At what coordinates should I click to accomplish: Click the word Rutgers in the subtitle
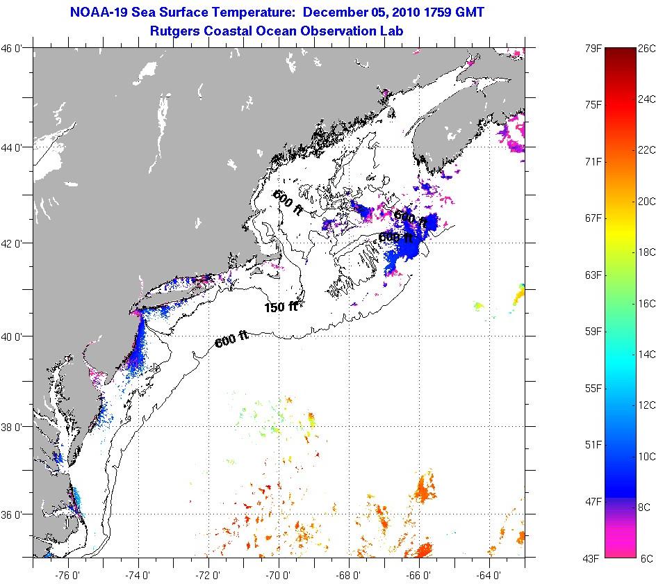coord(174,31)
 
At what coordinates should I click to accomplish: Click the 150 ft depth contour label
coord(281,307)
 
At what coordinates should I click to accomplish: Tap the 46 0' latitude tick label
coord(15,49)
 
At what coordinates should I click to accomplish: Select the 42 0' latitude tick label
coord(15,243)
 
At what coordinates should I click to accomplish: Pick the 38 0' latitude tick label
coord(15,426)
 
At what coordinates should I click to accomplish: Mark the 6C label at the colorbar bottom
coord(646,558)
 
